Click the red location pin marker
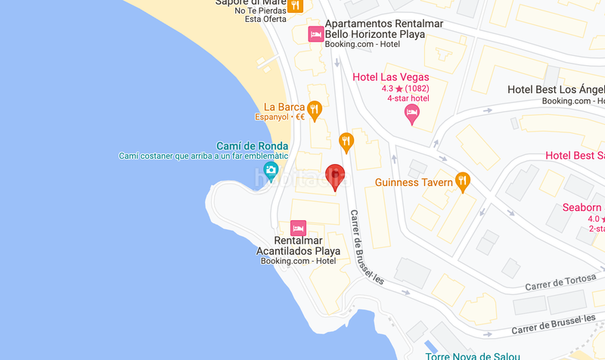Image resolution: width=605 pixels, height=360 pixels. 334,176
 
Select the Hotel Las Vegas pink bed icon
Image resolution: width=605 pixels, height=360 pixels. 412,114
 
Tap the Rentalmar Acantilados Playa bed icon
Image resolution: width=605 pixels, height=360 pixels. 298,228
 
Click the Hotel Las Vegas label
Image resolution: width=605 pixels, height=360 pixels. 391,77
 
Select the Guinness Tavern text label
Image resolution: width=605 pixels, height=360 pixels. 413,182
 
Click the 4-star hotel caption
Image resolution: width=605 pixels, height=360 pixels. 408,98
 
